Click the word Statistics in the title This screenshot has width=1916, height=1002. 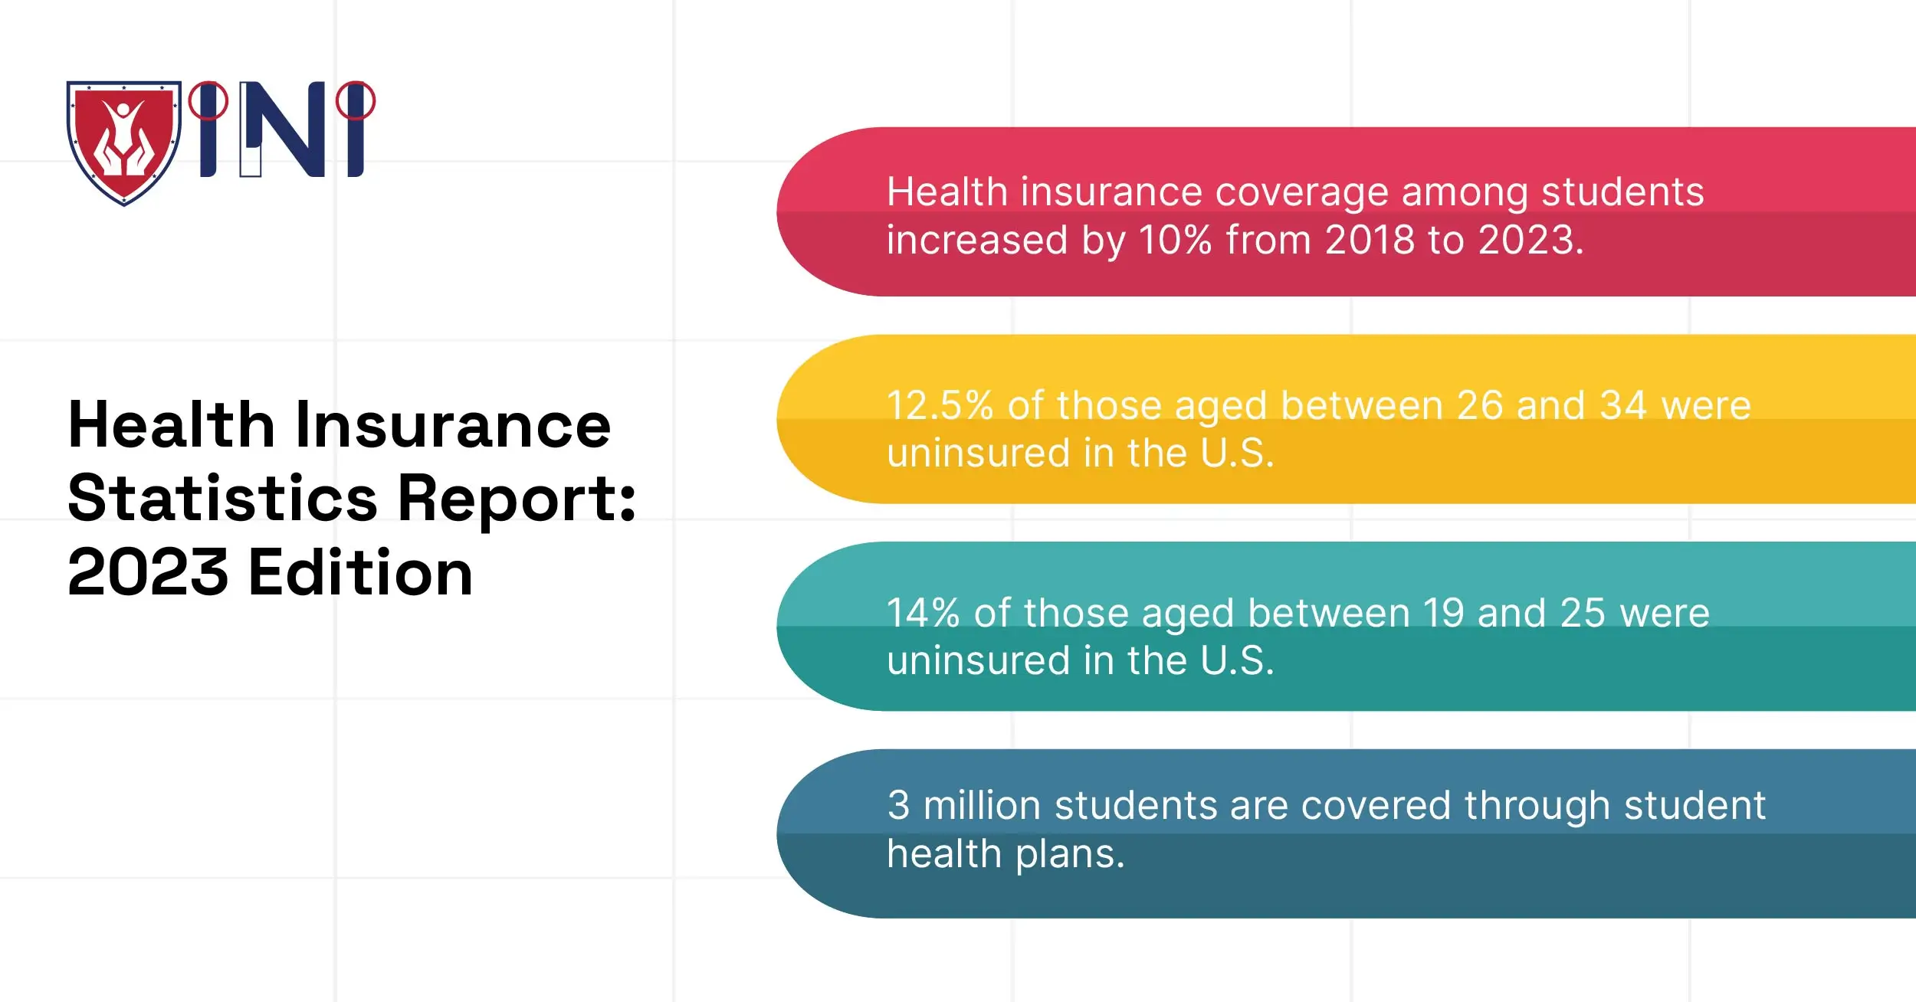pos(222,499)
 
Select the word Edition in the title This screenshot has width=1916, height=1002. pos(360,572)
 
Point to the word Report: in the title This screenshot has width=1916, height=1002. pos(517,499)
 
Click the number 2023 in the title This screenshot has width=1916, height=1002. pos(148,572)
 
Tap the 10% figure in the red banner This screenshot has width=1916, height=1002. pos(1175,240)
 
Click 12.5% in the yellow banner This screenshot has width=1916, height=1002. pos(940,405)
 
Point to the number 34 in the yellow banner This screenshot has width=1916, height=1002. pos(1623,405)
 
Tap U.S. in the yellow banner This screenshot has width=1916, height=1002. pos(1237,453)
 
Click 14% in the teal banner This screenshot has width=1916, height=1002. pos(923,613)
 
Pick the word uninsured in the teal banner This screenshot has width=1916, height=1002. pos(978,660)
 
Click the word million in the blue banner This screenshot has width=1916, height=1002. pos(982,805)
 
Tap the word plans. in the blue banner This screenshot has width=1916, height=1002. pos(1070,853)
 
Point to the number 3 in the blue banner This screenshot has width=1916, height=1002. pos(898,805)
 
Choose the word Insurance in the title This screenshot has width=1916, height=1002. pos(452,425)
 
